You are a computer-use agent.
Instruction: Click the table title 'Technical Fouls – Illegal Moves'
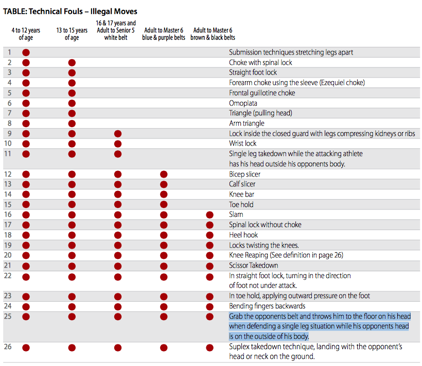pyautogui.click(x=71, y=11)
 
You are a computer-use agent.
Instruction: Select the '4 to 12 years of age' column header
pyautogui.click(x=26, y=34)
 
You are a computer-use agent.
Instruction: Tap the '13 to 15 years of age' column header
pyautogui.click(x=72, y=34)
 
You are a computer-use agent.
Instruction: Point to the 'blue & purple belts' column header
pyautogui.click(x=163, y=34)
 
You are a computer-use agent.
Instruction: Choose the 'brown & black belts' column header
pyautogui.click(x=213, y=34)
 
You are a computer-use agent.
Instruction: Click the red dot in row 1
pyautogui.click(x=26, y=53)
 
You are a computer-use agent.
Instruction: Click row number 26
pyautogui.click(x=8, y=347)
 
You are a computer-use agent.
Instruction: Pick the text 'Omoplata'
pyautogui.click(x=243, y=103)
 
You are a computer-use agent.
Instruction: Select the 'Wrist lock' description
pyautogui.click(x=243, y=144)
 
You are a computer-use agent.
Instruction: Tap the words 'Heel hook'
pyautogui.click(x=243, y=235)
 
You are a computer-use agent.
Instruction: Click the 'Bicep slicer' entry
pyautogui.click(x=245, y=174)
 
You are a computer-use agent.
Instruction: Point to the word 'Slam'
pyautogui.click(x=236, y=215)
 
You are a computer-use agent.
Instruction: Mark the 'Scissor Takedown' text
pyautogui.click(x=254, y=266)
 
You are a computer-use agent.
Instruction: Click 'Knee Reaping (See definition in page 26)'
pyautogui.click(x=286, y=255)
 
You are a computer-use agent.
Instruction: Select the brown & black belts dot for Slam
pyautogui.click(x=209, y=215)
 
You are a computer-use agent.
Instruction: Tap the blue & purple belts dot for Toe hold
pyautogui.click(x=164, y=205)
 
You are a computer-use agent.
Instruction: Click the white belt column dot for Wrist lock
pyautogui.click(x=118, y=144)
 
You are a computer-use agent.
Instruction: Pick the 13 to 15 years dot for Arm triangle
pyautogui.click(x=72, y=124)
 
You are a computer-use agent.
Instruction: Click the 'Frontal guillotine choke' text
pyautogui.click(x=262, y=93)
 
